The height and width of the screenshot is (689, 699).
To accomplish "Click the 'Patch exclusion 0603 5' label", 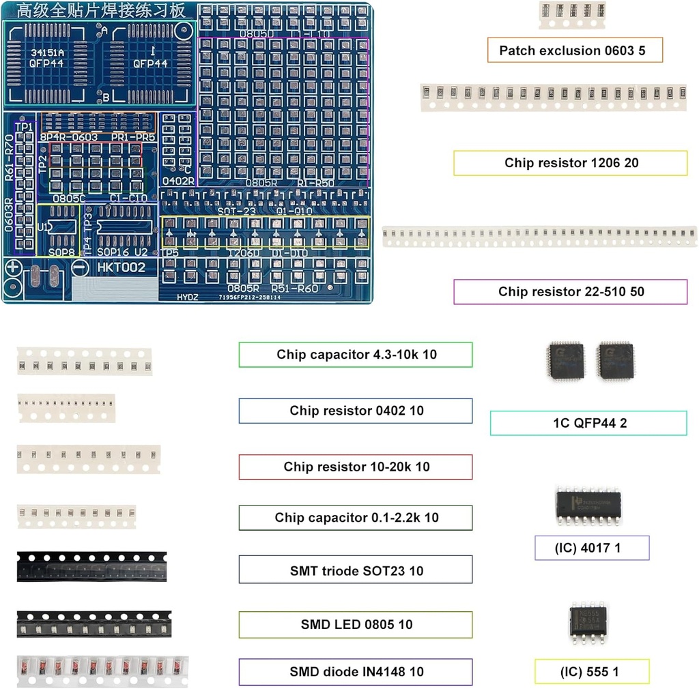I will pos(575,50).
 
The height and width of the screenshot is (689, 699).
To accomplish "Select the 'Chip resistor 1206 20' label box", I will pos(571,163).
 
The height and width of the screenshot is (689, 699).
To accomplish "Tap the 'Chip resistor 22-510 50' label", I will pos(571,291).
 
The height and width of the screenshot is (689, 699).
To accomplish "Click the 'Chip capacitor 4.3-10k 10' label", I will pos(355,355).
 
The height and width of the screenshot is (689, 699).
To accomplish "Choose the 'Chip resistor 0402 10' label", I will pos(355,411).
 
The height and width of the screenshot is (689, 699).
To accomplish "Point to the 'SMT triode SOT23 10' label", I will pos(355,570).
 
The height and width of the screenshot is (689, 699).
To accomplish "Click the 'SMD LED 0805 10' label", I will pos(355,624).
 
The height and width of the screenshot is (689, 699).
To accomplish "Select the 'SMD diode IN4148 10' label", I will pos(355,672).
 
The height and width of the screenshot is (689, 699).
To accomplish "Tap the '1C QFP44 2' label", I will pos(588,423).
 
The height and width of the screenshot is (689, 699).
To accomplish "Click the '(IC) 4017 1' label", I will pos(592,548).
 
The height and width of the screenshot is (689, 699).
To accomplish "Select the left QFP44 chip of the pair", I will pos(566,361).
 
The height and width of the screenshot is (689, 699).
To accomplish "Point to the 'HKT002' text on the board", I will pos(121,268).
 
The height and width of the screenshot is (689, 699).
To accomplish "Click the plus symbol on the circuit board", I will pos(14,268).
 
